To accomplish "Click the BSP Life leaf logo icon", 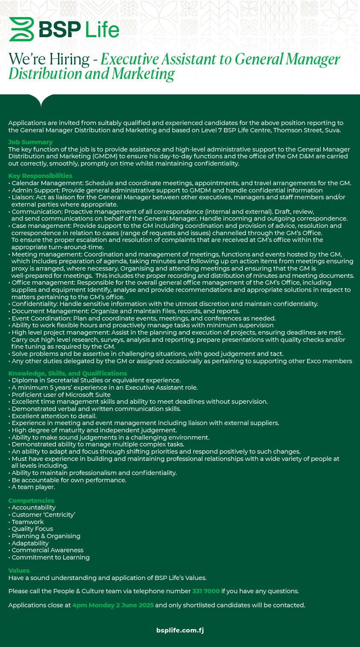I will (x=21, y=29).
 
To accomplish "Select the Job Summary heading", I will (x=30, y=142).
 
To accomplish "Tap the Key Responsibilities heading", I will (x=40, y=176).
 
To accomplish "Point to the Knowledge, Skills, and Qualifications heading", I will (x=67, y=373).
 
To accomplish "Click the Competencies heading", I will (x=31, y=501).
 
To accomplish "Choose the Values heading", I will (x=19, y=571).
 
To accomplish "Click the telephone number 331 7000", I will (x=206, y=591).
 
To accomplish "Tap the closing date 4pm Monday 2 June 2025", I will (x=113, y=605).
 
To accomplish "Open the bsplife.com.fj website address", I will (x=180, y=630).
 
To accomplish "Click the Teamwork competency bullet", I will (x=28, y=522).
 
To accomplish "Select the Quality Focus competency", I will (x=32, y=529).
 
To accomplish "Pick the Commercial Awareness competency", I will (x=47, y=550).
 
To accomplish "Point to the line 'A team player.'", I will (x=33, y=487).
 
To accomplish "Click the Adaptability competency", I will (x=30, y=543).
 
